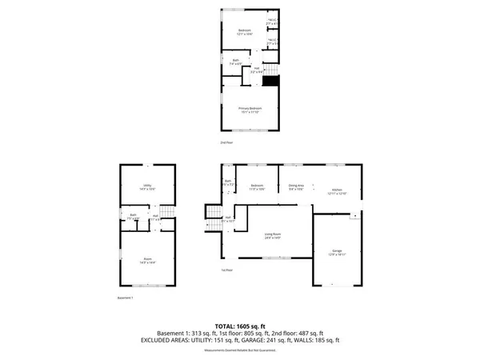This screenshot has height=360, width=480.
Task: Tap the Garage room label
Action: coord(337,252)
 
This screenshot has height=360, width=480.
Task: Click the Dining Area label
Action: coord(297,188)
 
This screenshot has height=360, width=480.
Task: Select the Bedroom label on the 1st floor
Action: coord(256,188)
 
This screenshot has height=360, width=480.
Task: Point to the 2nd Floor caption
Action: coord(226,142)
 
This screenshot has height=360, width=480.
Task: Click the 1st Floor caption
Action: coord(227,270)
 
